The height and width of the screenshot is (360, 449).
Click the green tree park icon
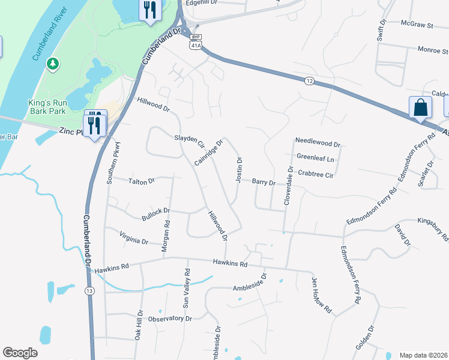click(53, 62)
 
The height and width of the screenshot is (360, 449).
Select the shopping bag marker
click(420, 108)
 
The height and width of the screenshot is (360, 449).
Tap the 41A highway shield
click(196, 45)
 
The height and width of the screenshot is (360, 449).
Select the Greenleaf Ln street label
click(315, 158)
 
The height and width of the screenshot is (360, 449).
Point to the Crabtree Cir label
click(315, 175)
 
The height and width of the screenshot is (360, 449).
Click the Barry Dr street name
click(263, 182)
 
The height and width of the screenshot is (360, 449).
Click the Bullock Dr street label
click(156, 211)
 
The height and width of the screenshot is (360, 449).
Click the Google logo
click(20, 353)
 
